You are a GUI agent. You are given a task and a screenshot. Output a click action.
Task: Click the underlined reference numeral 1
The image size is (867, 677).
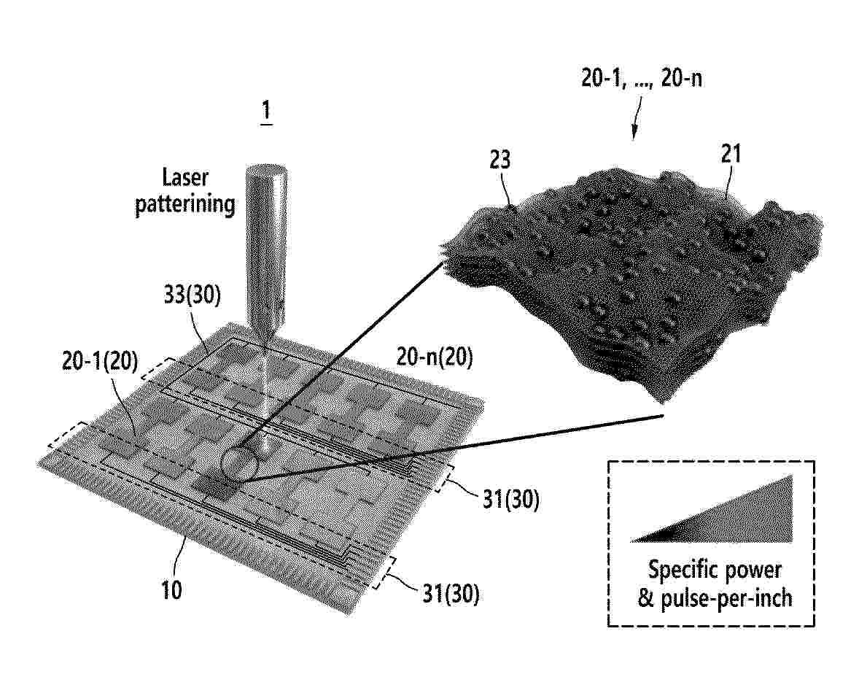(x=266, y=111)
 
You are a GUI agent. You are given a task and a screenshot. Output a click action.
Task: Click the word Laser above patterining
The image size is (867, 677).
(x=185, y=177)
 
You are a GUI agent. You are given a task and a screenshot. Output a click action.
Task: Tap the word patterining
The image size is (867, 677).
(x=185, y=204)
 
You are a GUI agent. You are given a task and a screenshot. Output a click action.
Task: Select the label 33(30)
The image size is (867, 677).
(x=192, y=295)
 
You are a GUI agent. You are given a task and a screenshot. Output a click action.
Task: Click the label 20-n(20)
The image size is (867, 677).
(x=435, y=357)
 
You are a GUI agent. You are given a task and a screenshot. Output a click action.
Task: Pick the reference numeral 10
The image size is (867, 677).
(x=171, y=590)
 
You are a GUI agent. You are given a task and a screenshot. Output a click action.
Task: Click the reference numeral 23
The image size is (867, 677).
(x=499, y=160)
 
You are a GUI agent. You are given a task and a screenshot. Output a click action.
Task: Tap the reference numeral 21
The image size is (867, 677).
(x=731, y=154)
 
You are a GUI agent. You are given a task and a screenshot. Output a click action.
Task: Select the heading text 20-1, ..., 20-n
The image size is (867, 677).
(x=642, y=78)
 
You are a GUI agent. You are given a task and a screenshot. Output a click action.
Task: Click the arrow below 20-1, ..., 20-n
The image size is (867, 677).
(x=637, y=118)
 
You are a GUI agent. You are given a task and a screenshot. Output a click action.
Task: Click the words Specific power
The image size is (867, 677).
(x=715, y=570)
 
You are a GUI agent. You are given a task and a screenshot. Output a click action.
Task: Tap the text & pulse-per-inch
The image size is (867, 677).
(x=715, y=598)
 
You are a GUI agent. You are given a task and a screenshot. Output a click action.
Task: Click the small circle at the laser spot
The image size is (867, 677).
(x=240, y=463)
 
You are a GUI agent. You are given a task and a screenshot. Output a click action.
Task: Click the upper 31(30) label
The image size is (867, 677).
(x=511, y=500)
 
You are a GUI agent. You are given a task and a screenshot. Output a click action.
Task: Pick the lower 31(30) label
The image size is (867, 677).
(x=451, y=594)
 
